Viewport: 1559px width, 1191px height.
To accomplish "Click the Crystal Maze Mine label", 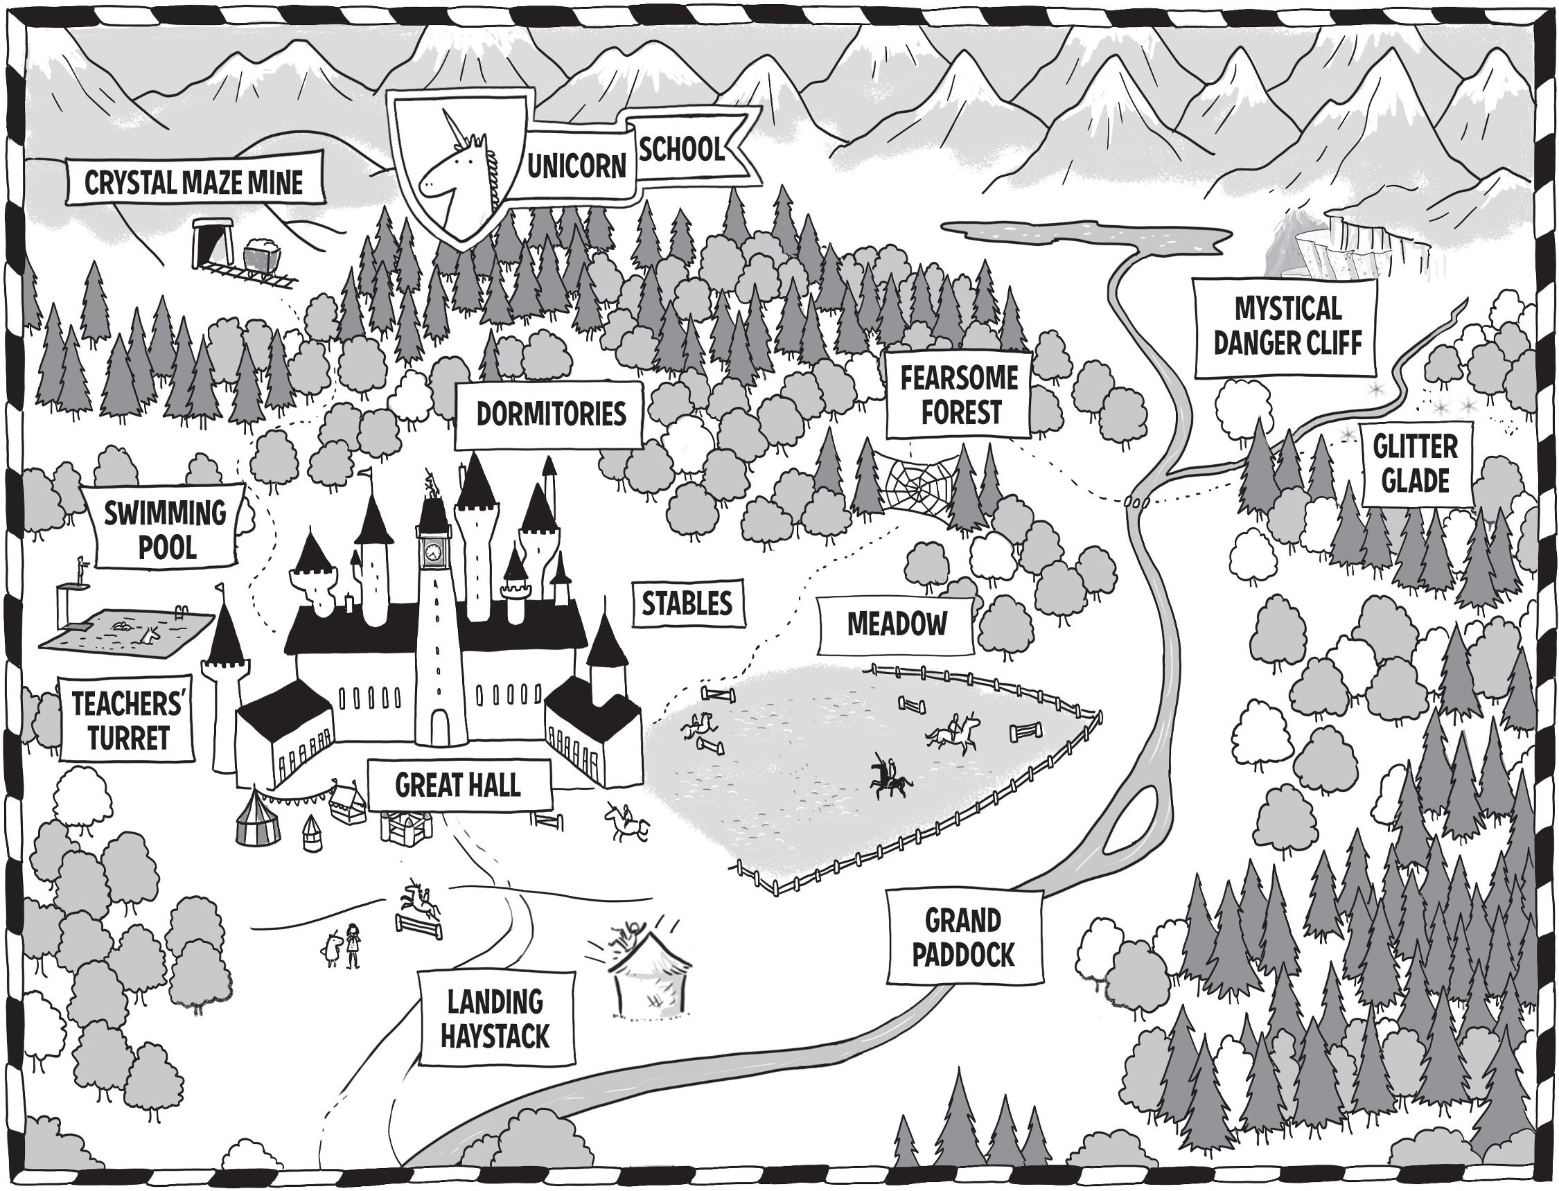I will coord(193,183).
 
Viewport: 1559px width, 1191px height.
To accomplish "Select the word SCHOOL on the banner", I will coord(682,150).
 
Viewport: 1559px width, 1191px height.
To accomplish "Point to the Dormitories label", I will coord(550,414).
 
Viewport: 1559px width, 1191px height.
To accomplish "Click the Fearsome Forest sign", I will coord(959,396).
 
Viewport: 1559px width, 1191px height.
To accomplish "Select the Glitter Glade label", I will coord(1415,464).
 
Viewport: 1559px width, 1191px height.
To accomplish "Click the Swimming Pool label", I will coord(166,528).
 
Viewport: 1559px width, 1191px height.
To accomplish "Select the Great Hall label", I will coord(458,785).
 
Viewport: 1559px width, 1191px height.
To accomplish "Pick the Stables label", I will coord(686,604).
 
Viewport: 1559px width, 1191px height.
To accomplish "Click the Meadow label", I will coord(897,624).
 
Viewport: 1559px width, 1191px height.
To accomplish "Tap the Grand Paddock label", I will coord(962,938).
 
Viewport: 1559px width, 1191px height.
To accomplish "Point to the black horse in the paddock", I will coord(890,782).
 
